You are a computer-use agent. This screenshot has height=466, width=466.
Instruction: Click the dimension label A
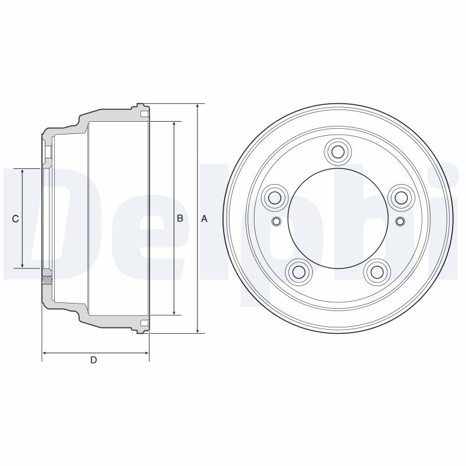[x=204, y=218]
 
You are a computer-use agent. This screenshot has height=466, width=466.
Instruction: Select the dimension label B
[x=180, y=218]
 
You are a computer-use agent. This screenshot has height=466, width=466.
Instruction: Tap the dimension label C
[x=16, y=218]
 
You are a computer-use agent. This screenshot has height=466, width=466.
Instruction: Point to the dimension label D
[x=93, y=361]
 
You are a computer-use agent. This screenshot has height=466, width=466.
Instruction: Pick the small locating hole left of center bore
[x=276, y=221]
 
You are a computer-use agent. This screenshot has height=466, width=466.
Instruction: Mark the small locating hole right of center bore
[x=400, y=221]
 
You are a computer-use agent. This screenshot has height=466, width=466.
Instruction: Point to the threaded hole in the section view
[x=47, y=277]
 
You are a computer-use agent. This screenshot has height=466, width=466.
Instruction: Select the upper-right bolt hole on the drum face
[x=401, y=197]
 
